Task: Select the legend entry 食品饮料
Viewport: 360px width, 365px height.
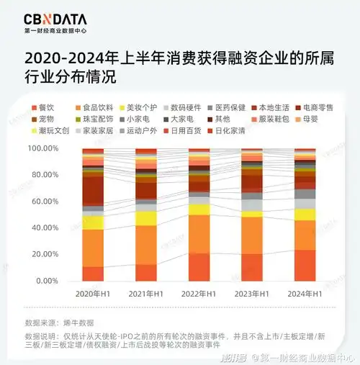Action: pos(96,107)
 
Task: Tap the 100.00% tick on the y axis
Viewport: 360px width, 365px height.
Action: pos(44,148)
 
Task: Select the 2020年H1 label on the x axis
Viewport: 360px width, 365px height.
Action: pos(93,294)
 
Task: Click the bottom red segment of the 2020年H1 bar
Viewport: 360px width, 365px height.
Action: pos(93,274)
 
